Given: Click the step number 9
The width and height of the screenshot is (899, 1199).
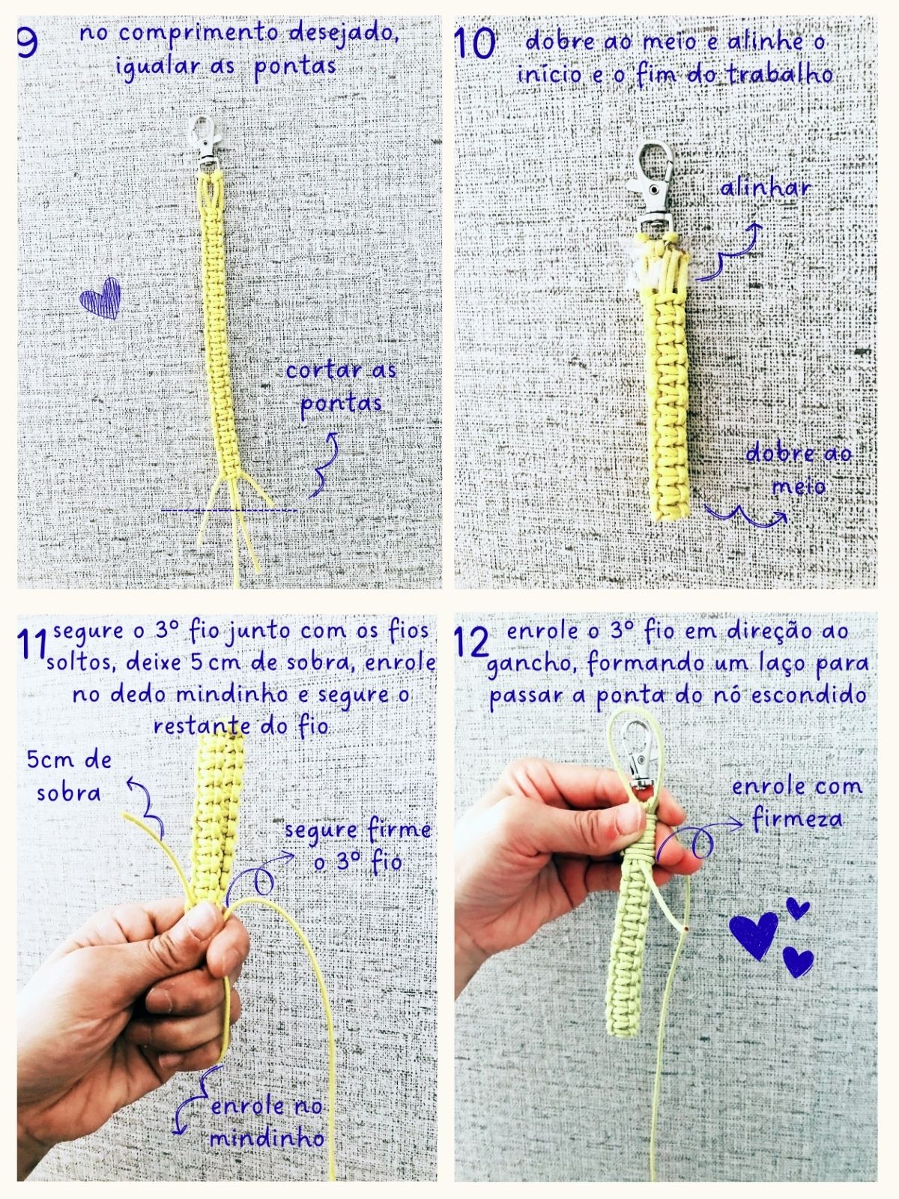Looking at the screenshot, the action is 27,43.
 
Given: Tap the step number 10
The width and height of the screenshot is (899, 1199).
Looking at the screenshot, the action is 474,43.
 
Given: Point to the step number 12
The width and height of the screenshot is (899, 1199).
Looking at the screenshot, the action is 471,641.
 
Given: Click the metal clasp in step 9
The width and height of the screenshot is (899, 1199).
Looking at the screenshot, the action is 205,142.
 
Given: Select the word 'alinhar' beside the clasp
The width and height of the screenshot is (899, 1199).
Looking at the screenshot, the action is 765,188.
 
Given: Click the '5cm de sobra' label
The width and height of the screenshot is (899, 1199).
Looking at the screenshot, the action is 70,776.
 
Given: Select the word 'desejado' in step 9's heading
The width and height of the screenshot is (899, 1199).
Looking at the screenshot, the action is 343,33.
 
